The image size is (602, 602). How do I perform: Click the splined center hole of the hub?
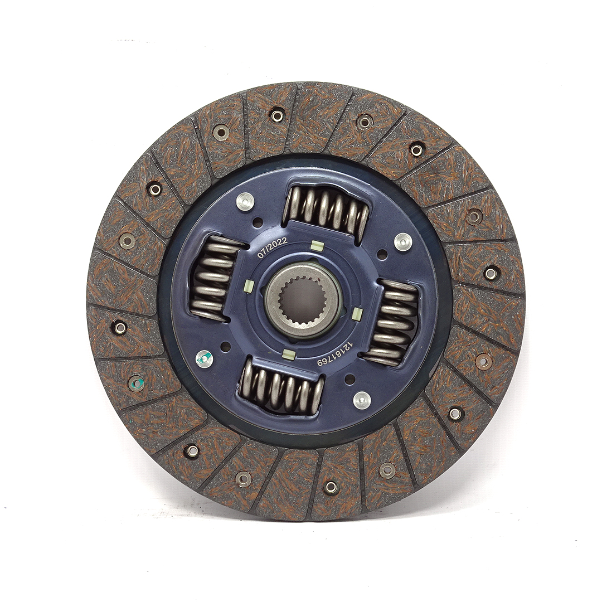pos(303,300)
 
